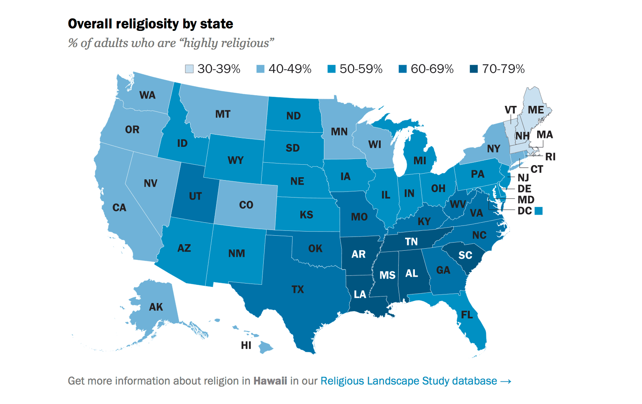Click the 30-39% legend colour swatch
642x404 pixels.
tap(189, 69)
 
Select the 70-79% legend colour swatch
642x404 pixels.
tap(474, 69)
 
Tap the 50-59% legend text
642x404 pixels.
tap(361, 69)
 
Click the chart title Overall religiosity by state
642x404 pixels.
tap(150, 24)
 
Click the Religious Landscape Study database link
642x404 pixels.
tap(415, 381)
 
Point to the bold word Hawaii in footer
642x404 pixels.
tap(270, 381)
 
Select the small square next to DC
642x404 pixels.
tap(538, 211)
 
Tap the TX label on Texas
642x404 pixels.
tap(297, 289)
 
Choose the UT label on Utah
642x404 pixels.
tap(195, 196)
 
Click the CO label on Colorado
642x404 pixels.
tap(246, 205)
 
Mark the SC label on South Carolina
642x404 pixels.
tap(465, 255)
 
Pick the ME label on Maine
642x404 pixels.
tap(536, 110)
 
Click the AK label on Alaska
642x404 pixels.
tap(156, 307)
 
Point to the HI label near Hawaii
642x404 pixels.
tap(246, 345)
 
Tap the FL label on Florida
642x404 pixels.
tap(467, 315)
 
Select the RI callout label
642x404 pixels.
tap(550, 157)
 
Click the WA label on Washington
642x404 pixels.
tap(147, 95)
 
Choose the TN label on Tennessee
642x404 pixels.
tap(411, 242)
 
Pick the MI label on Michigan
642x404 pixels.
tap(420, 161)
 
